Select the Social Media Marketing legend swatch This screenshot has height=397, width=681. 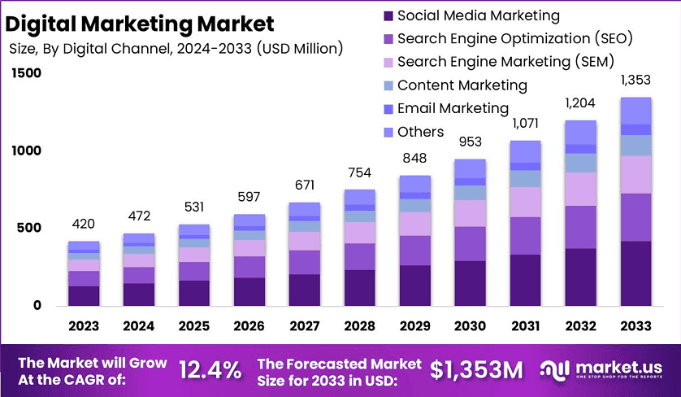[386, 15]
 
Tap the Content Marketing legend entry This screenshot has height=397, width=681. [462, 85]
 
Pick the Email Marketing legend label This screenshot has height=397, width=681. [453, 108]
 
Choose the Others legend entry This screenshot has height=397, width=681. [421, 132]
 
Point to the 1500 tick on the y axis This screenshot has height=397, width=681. [25, 73]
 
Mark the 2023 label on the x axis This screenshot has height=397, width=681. [84, 326]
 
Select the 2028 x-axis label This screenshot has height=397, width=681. [360, 326]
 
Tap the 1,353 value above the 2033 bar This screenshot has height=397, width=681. [635, 80]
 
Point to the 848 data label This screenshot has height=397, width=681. [415, 158]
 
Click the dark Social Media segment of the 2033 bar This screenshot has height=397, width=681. [635, 273]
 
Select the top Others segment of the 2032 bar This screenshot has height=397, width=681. [580, 133]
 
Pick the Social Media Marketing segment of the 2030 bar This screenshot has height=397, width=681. [470, 283]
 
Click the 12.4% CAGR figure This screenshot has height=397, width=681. [209, 370]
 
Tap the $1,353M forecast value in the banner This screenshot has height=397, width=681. [476, 370]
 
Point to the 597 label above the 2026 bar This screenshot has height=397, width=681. [249, 196]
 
